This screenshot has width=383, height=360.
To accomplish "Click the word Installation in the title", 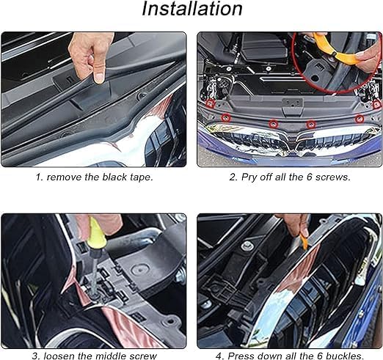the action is coord(192,9).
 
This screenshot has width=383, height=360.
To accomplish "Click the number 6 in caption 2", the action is coord(309,177).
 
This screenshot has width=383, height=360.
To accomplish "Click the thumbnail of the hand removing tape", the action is coord(94,100).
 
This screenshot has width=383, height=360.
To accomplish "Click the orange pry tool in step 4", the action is coord(303,241).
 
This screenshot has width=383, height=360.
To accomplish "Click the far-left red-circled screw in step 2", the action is coord(210,103).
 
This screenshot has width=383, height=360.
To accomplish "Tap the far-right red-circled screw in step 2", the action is coord(377,105).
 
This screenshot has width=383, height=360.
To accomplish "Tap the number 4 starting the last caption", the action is coord(219,356).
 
